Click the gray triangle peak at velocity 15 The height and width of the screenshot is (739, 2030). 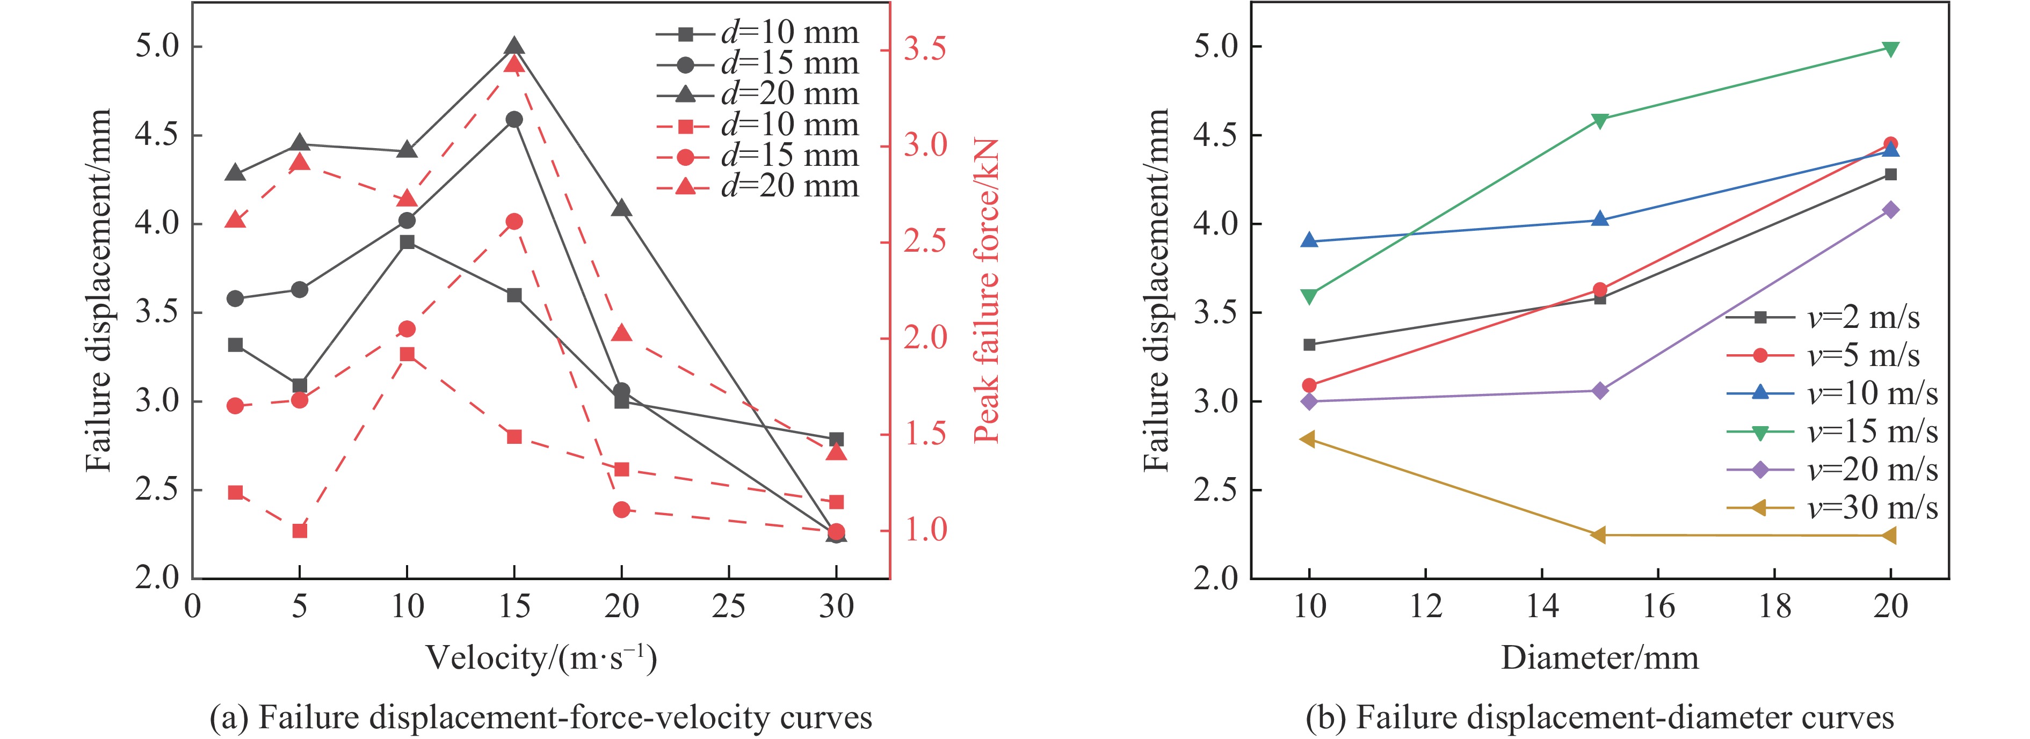514,47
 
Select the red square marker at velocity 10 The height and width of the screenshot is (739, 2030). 407,355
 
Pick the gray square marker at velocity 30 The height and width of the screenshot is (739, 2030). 836,439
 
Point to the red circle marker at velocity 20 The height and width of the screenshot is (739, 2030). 621,510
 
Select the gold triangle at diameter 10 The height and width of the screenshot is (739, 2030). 1309,439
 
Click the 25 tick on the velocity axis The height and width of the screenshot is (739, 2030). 728,606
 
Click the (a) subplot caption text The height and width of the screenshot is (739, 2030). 541,718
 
